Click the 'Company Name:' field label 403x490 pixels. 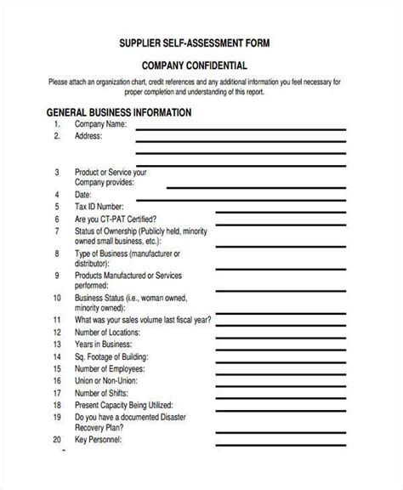(102, 124)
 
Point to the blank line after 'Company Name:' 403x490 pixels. (241, 128)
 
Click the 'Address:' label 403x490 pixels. (88, 136)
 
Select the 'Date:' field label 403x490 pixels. (83, 194)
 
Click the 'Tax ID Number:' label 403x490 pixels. (99, 206)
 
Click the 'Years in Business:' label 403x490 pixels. (105, 346)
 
